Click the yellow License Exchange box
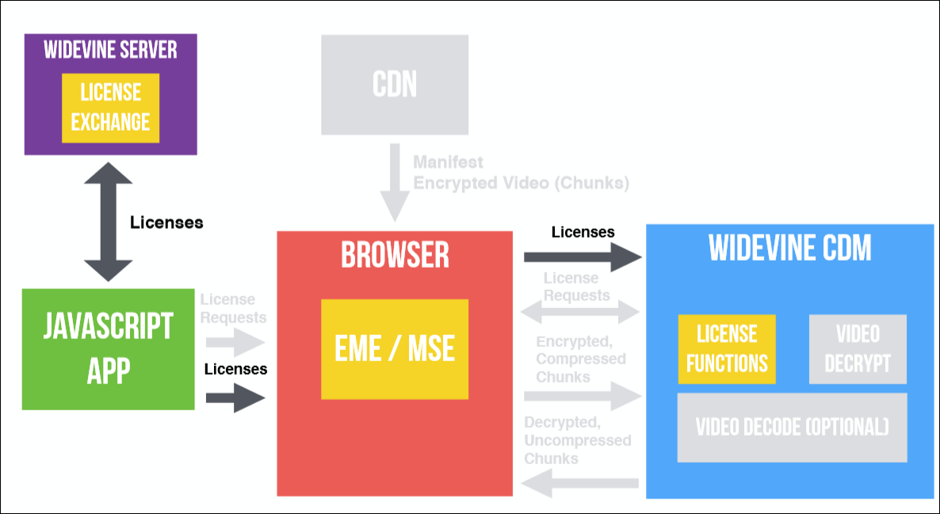click(110, 109)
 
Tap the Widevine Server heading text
click(110, 50)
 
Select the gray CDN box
click(395, 84)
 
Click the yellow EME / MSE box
click(395, 348)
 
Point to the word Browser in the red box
click(395, 255)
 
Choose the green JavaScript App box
click(108, 348)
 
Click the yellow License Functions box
click(727, 348)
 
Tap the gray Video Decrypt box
click(857, 348)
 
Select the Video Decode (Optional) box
click(792, 427)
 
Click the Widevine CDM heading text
click(790, 249)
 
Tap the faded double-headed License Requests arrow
click(580, 312)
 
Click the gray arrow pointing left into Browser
click(580, 482)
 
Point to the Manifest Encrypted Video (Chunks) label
click(521, 173)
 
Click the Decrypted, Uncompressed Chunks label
click(577, 440)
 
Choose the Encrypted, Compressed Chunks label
click(580, 359)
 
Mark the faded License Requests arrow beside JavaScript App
click(235, 341)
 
